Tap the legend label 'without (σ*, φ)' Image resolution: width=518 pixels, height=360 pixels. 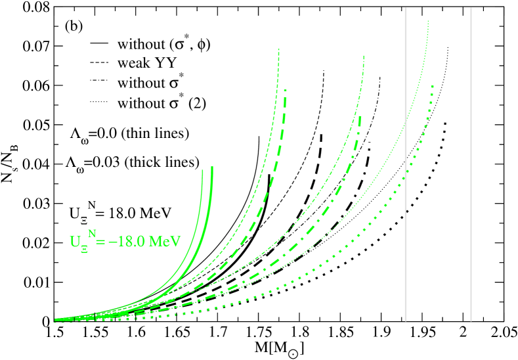(x=164, y=44)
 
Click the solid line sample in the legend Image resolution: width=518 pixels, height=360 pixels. (x=99, y=44)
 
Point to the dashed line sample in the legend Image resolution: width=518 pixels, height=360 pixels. (x=99, y=64)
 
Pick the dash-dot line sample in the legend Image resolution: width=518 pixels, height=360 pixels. (x=99, y=83)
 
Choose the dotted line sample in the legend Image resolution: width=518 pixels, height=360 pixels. (x=99, y=103)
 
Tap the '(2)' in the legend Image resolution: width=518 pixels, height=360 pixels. (x=198, y=103)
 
